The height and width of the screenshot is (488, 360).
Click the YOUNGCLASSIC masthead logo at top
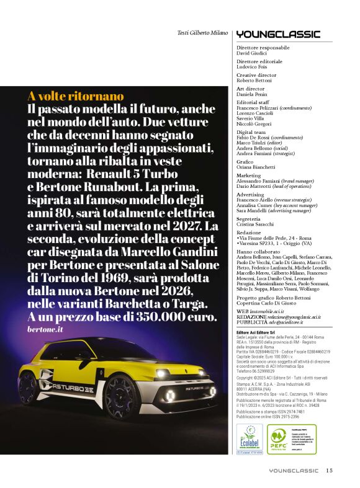[x=278, y=34]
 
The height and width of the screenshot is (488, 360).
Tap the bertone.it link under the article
[x=46, y=329]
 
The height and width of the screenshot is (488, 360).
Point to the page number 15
[x=329, y=470]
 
